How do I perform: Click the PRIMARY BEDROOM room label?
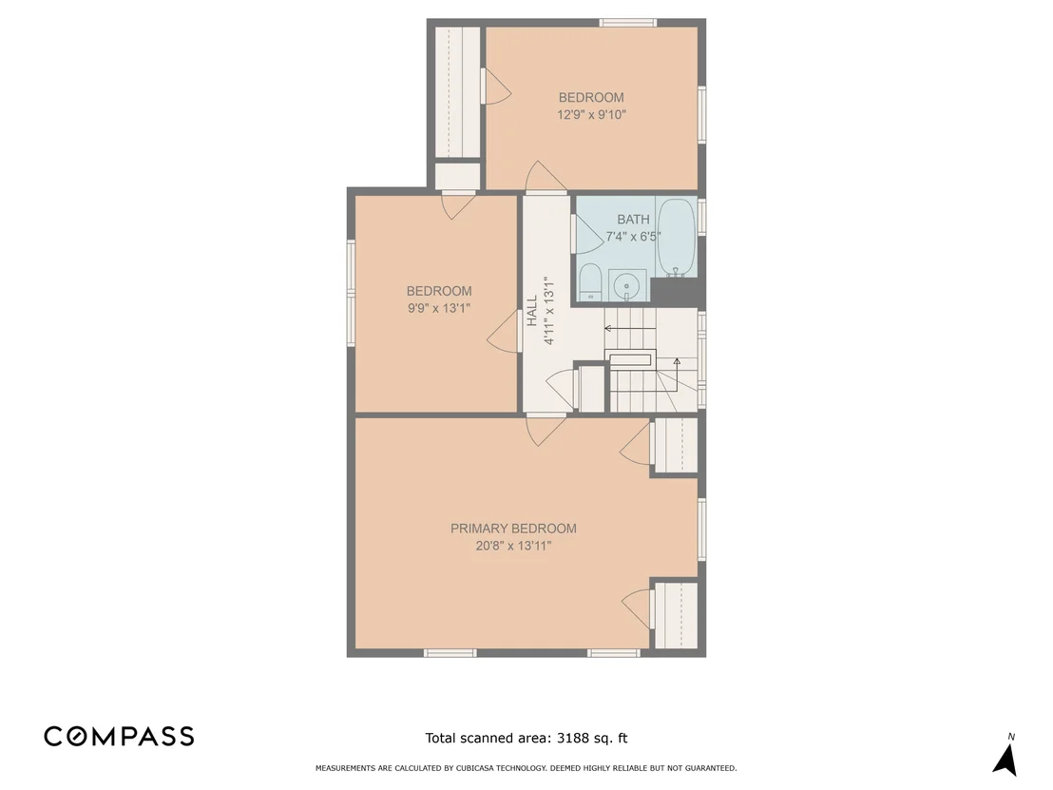pyautogui.click(x=513, y=529)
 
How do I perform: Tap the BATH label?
pyautogui.click(x=633, y=219)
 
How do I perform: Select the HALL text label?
pyautogui.click(x=532, y=310)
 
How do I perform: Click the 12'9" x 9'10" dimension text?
pyautogui.click(x=591, y=115)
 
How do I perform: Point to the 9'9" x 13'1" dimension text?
pyautogui.click(x=438, y=308)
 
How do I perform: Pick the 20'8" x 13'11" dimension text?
pyautogui.click(x=513, y=546)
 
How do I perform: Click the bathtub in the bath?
pyautogui.click(x=677, y=238)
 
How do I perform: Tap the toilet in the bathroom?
pyautogui.click(x=590, y=282)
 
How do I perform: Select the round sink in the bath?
pyautogui.click(x=627, y=286)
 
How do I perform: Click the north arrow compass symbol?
pyautogui.click(x=1005, y=760)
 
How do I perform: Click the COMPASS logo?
pyautogui.click(x=119, y=736)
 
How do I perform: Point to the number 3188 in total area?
pyautogui.click(x=571, y=739)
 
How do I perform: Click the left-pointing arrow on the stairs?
pyautogui.click(x=630, y=329)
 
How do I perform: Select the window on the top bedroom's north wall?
pyautogui.click(x=627, y=23)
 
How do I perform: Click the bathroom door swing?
pyautogui.click(x=587, y=234)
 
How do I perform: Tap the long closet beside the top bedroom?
pyautogui.click(x=457, y=92)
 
